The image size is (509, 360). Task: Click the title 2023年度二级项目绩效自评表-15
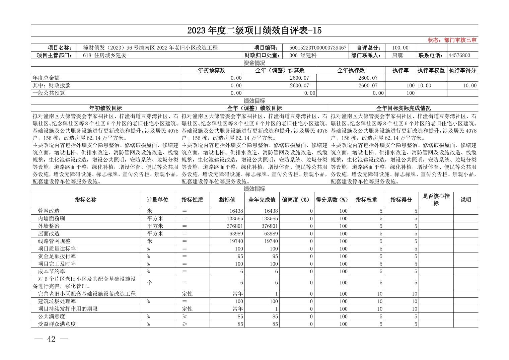[254, 30]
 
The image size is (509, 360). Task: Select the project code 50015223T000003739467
[317, 48]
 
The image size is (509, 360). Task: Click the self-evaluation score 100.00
[401, 48]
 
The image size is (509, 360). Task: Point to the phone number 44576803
[459, 56]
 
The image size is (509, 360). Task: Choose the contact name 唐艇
[397, 56]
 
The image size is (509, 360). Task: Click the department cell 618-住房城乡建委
[105, 56]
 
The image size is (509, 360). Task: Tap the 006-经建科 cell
[303, 56]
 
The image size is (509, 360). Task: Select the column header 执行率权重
[431, 71]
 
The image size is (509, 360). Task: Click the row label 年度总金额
[46, 78]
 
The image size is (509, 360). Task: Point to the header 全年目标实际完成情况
[403, 108]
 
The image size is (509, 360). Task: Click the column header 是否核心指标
[436, 200]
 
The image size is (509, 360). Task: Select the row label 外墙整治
[49, 226]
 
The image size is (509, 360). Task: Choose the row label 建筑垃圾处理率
[54, 301]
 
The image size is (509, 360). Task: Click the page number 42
[51, 339]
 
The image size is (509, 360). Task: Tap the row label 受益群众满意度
[57, 324]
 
